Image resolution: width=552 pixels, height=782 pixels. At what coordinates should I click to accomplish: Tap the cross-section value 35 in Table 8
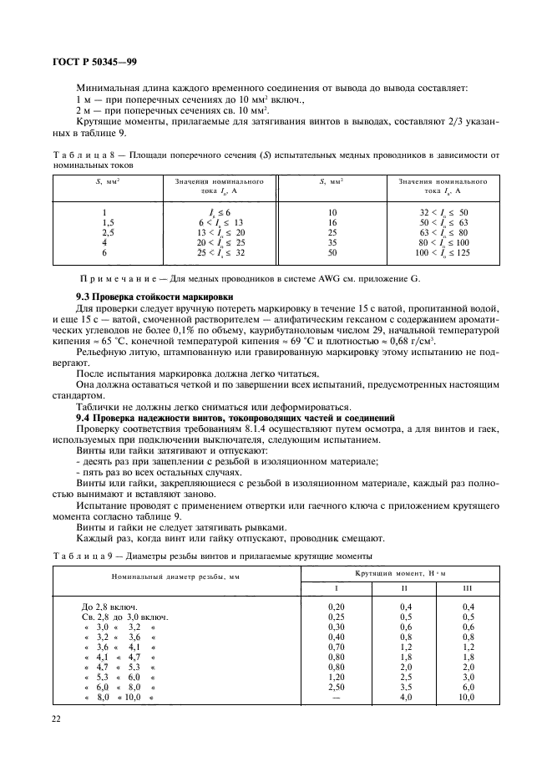[x=332, y=241]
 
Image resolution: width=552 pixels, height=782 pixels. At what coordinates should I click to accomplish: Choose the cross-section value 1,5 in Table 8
[x=108, y=222]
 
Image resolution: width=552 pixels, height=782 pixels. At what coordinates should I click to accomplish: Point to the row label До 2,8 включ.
[x=109, y=607]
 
